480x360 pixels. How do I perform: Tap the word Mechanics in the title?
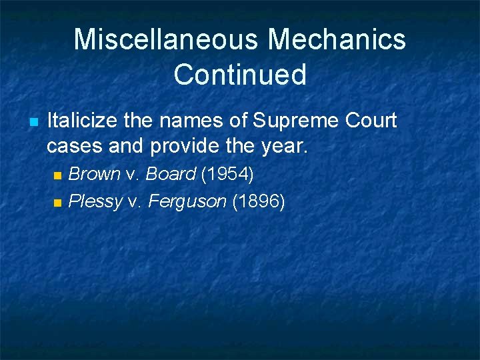click(337, 39)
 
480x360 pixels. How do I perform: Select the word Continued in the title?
click(240, 75)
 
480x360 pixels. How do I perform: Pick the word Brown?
click(95, 175)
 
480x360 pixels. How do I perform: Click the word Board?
click(171, 175)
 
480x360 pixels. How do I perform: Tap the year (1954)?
click(227, 175)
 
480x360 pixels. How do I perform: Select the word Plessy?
click(96, 201)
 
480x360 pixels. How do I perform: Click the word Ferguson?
click(187, 201)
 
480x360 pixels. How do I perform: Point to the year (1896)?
click(259, 201)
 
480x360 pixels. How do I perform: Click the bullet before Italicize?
click(32, 122)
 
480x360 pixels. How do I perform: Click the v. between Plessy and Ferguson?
click(135, 201)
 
